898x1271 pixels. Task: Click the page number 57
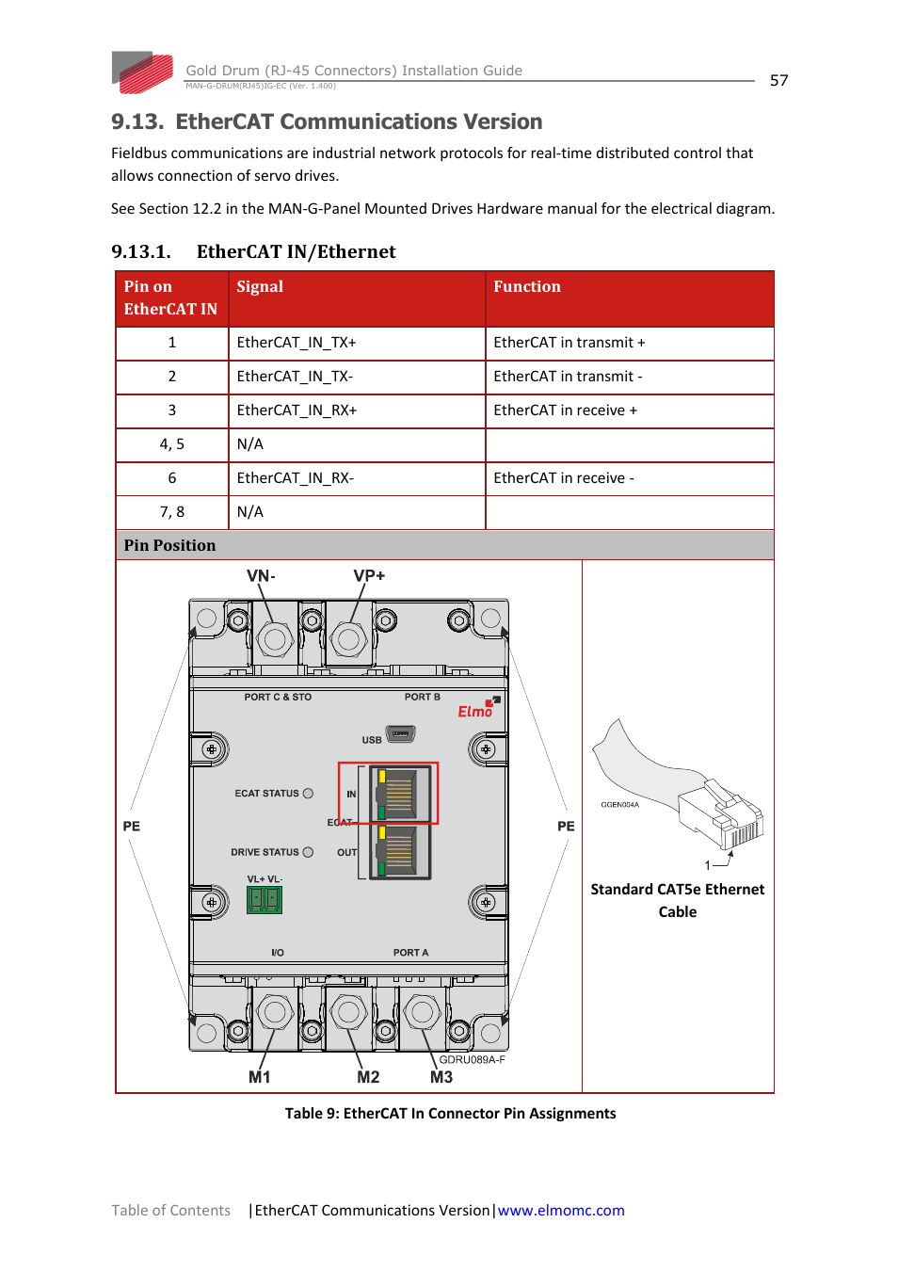click(778, 81)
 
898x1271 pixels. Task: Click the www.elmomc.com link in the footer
click(560, 1210)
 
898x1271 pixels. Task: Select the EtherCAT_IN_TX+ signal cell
click(357, 343)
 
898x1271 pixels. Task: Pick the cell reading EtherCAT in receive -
click(630, 478)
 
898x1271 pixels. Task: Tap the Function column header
click(630, 298)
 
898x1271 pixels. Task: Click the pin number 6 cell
click(172, 478)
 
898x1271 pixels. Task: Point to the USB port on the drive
click(400, 734)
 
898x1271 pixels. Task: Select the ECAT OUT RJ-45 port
click(400, 851)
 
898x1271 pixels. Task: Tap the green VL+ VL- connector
click(265, 900)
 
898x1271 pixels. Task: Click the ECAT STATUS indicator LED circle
click(308, 794)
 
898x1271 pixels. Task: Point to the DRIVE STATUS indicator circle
click(308, 852)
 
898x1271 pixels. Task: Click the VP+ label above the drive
click(369, 576)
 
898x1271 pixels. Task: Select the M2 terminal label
click(368, 1077)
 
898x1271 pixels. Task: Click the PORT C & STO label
click(278, 697)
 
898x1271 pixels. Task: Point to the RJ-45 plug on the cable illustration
click(720, 814)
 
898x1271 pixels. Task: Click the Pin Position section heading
click(169, 545)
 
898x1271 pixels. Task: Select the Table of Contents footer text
click(170, 1210)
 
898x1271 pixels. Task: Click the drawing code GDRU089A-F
click(472, 1059)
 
